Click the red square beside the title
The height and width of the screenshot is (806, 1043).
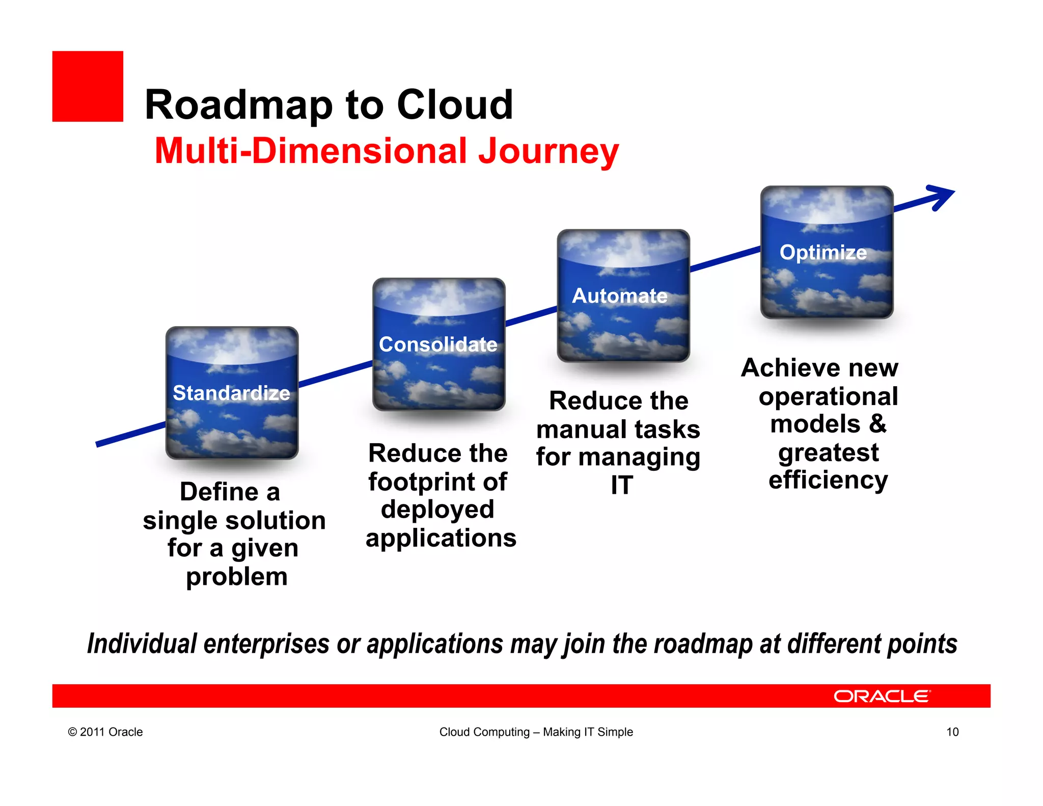point(88,86)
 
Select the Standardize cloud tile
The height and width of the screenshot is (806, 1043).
point(232,392)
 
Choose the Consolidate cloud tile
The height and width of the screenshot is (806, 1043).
point(438,344)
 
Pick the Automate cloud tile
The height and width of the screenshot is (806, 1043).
point(623,295)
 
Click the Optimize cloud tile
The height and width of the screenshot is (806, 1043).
point(826,252)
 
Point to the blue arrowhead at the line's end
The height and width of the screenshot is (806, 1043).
point(941,197)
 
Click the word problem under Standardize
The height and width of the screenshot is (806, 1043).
point(237,577)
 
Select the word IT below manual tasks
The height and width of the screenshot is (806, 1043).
point(622,485)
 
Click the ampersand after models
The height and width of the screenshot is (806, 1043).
point(877,424)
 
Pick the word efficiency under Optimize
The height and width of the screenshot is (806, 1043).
point(828,480)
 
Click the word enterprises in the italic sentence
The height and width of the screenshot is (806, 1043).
point(266,643)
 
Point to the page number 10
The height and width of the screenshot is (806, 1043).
point(952,732)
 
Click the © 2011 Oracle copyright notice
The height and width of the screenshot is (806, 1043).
point(105,732)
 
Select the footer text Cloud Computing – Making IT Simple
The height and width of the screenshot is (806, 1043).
point(536,732)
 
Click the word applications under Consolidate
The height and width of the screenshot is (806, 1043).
point(441,538)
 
